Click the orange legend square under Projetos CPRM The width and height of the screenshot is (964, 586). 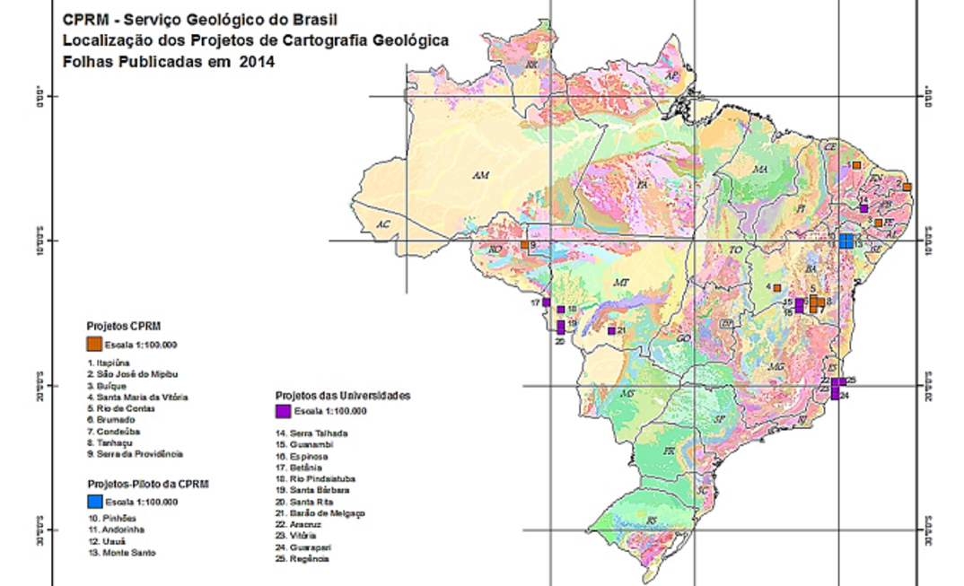93,344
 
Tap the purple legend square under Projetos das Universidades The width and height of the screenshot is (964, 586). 283,411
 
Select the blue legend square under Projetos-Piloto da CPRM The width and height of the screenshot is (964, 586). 93,501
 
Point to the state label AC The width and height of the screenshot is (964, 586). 383,223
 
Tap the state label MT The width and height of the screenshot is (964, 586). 620,283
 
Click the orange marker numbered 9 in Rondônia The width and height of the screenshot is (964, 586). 524,244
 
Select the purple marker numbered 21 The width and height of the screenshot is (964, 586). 611,330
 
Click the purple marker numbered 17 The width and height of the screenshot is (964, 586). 546,302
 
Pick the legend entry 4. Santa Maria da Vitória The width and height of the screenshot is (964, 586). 137,397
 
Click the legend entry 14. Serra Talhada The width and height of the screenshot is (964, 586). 311,433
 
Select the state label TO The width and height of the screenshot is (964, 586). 736,249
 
